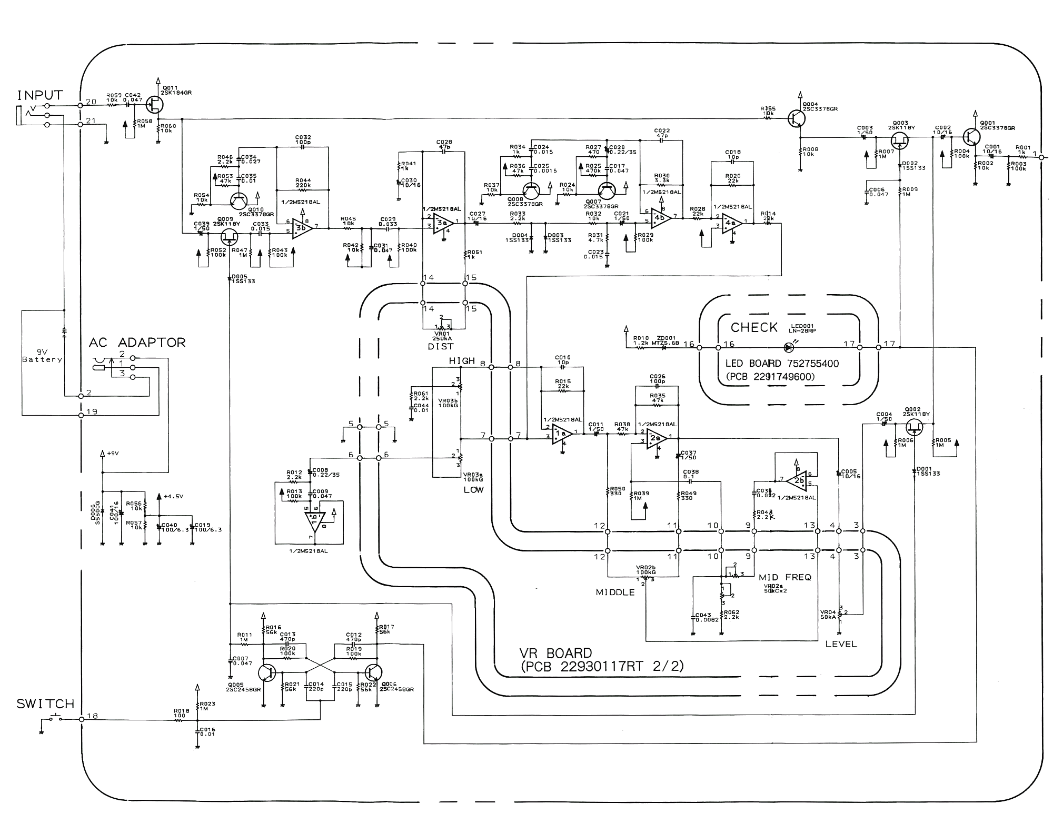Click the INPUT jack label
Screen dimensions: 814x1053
click(40, 95)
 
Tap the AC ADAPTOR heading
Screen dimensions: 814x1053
click(137, 343)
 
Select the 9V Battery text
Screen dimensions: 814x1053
click(42, 356)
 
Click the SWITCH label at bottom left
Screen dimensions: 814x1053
click(45, 704)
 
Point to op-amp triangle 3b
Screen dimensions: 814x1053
click(302, 227)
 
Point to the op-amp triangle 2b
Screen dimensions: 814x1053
click(798, 480)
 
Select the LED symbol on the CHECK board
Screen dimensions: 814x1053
click(789, 347)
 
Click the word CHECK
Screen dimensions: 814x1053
click(754, 327)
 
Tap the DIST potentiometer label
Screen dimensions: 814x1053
click(441, 347)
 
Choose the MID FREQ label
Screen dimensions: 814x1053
click(785, 577)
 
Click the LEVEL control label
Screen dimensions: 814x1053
click(841, 644)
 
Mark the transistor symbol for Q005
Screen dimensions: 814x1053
click(267, 672)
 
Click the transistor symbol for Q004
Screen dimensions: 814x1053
click(797, 118)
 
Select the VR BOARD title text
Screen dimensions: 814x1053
click(556, 653)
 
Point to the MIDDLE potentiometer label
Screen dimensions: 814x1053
click(615, 592)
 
